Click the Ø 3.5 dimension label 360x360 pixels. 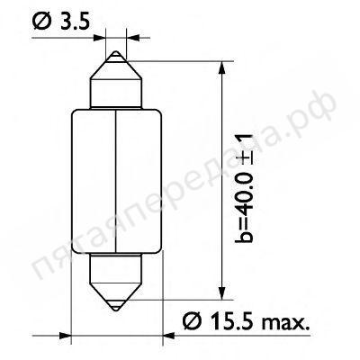click(61, 22)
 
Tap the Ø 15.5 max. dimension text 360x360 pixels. click(246, 321)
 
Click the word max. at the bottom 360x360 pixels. click(285, 323)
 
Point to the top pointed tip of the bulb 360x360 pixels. click(116, 52)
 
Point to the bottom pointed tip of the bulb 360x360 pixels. click(116, 310)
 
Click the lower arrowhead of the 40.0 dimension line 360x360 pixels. click(221, 292)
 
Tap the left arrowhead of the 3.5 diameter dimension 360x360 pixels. click(100, 38)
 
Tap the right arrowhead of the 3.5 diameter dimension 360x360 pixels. click(133, 38)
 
